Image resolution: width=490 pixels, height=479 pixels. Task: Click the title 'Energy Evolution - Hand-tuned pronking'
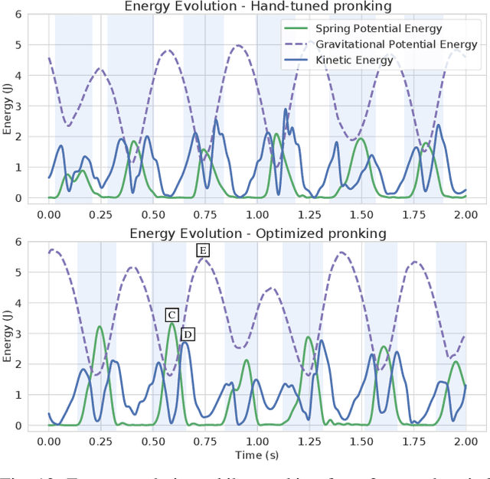(257, 6)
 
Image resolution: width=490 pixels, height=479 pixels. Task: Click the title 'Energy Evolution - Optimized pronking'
(257, 233)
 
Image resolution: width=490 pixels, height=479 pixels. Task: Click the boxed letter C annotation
(171, 315)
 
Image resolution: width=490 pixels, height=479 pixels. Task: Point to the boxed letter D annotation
(188, 334)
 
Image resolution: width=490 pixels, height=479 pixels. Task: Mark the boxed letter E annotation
(203, 250)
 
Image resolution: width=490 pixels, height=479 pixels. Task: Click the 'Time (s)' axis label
(257, 454)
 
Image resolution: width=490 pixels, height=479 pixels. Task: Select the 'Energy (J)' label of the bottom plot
(8, 334)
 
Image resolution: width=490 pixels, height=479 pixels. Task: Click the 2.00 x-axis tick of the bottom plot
(465, 441)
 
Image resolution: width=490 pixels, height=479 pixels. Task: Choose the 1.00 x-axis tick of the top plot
(257, 214)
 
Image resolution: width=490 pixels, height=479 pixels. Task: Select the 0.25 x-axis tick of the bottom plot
(101, 441)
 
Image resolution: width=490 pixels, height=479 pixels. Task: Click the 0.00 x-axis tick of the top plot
(49, 214)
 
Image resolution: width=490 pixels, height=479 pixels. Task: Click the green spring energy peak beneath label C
(171, 324)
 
